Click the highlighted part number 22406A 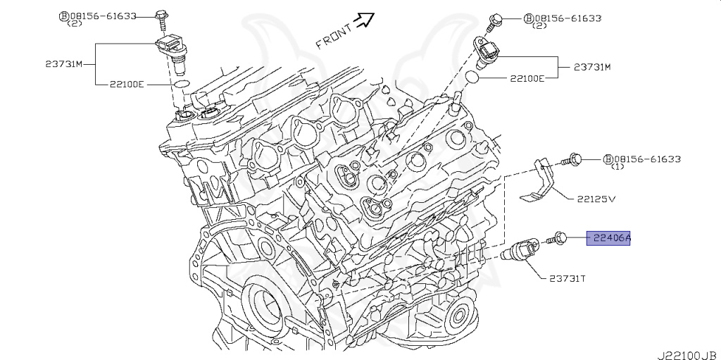611,238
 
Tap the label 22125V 596,199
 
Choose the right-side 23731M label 591,68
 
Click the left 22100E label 127,84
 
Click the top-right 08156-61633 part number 567,18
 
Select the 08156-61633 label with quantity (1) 644,159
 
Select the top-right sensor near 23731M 488,51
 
